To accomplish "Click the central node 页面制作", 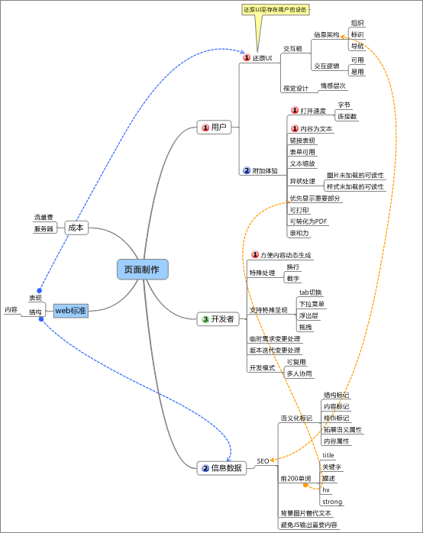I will point(142,270).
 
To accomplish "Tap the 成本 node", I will point(76,228).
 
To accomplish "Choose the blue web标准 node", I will point(70,311).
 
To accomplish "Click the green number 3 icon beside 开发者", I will point(205,318).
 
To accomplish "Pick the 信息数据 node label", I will point(227,468).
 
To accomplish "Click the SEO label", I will point(263,461).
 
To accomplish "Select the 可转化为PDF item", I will point(308,221).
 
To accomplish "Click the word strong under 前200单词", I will point(332,502).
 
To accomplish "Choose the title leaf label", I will point(328,455).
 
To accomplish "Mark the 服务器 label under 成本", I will point(44,228).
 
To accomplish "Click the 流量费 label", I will point(44,218).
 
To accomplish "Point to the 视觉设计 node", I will point(295,89).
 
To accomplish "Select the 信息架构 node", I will point(326,35).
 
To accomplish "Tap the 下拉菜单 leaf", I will point(311,304).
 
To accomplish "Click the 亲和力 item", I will point(299,233).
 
